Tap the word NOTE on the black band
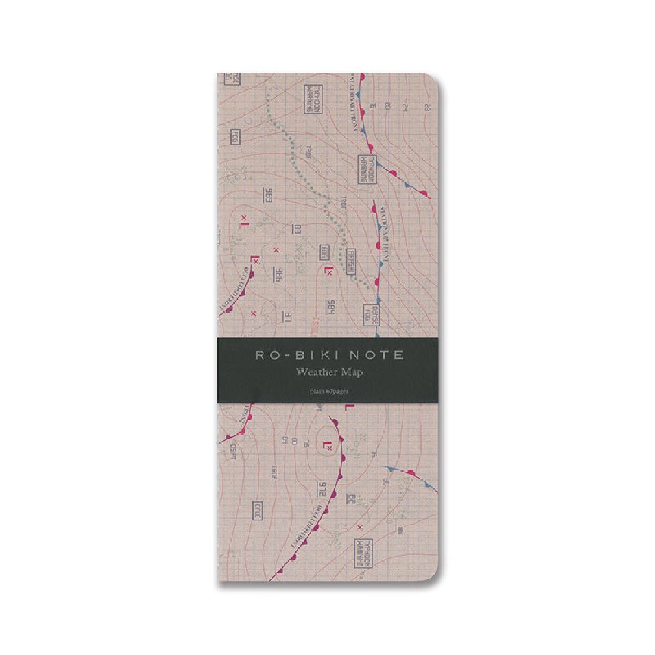click(x=376, y=355)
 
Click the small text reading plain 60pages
click(x=329, y=391)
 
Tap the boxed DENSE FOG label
click(x=368, y=319)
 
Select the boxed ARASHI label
click(x=351, y=260)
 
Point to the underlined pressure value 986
click(x=277, y=274)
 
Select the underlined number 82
click(x=351, y=498)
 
